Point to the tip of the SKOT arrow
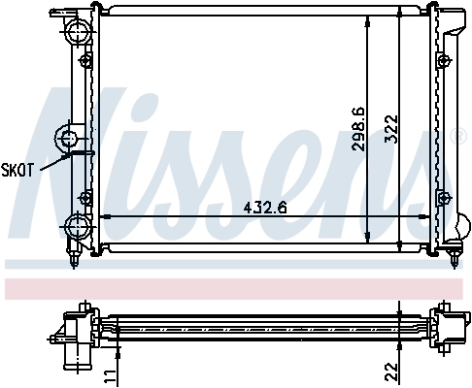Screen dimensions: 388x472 pos(70,152)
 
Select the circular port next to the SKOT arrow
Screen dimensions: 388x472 pos(71,136)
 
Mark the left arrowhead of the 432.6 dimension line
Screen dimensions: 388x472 pos(104,215)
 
